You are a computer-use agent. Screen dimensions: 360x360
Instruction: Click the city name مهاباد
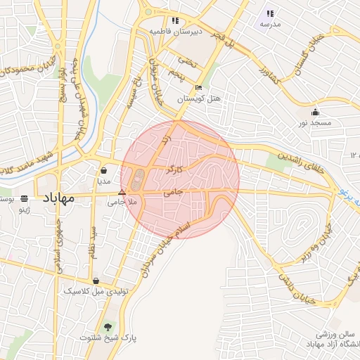pos(59,198)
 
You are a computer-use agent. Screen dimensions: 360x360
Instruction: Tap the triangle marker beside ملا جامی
pos(122,191)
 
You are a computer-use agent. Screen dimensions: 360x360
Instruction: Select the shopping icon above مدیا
pos(104,170)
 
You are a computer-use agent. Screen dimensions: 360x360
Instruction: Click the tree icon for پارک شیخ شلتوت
pos(108,327)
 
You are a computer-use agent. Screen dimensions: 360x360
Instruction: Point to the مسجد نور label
pos(316,123)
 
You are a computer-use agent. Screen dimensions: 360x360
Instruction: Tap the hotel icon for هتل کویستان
pos(198,88)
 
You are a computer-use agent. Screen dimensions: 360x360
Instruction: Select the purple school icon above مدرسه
pos(270,13)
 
